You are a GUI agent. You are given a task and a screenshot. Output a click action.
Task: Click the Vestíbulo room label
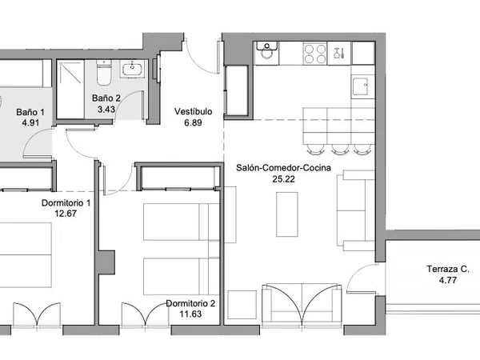193,111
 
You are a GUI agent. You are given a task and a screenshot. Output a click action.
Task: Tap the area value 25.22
283,179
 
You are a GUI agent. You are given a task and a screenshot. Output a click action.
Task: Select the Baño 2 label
106,98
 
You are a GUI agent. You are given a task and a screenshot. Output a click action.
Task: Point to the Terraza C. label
448,269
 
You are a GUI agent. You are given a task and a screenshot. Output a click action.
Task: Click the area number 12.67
66,214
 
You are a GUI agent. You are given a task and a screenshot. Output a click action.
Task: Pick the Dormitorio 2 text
190,303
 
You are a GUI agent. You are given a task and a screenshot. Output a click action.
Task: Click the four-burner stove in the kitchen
315,54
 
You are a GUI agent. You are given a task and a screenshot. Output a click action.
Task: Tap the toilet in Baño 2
104,73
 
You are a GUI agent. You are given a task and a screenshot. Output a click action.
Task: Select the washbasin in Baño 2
133,70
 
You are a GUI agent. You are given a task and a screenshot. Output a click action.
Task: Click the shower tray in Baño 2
70,89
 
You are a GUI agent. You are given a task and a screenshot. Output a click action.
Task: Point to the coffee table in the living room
287,214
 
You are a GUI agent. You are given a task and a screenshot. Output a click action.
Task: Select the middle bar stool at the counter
339,149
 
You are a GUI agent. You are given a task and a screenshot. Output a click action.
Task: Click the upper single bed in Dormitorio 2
182,222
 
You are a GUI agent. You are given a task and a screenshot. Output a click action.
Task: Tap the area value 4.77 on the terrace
448,280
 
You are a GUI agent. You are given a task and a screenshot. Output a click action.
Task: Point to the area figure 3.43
106,109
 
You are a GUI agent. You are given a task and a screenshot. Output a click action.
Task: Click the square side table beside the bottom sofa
242,305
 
